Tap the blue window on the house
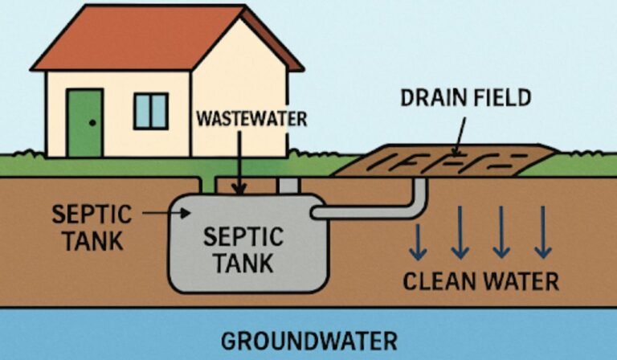pos(151,111)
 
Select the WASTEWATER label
pos(251,120)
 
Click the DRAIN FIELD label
pos(465,98)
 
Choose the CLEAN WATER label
pos(480,281)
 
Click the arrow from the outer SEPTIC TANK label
pos(165,213)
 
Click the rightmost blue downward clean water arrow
pos(543,232)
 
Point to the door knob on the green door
pos(94,123)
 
